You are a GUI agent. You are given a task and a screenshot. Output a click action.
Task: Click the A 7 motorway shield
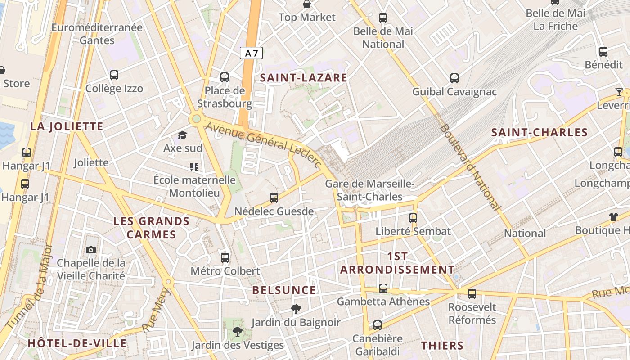(x=251, y=54)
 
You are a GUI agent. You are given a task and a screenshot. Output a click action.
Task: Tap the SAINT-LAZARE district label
(x=304, y=78)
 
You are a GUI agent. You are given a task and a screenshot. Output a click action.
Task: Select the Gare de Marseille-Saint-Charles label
(x=369, y=190)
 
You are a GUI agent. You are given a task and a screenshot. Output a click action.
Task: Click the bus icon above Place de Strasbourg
(x=225, y=77)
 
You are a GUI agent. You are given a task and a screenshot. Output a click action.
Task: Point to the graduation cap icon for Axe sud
(x=182, y=135)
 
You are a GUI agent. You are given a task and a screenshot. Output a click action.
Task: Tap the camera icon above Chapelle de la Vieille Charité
(x=91, y=250)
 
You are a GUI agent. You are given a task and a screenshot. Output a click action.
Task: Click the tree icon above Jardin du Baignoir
(x=296, y=309)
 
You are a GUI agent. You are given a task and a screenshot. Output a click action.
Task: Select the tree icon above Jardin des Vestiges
(x=237, y=332)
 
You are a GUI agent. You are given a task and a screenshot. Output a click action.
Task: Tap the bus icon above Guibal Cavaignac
(x=454, y=78)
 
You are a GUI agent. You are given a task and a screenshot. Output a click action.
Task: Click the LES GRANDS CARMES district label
(x=151, y=228)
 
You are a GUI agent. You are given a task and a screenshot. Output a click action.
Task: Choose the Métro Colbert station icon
(x=225, y=257)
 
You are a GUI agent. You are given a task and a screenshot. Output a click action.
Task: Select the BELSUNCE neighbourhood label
(x=284, y=290)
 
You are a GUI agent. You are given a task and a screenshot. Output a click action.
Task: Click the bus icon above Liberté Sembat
(x=413, y=218)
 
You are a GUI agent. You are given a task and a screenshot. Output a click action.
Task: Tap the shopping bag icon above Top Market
(x=307, y=4)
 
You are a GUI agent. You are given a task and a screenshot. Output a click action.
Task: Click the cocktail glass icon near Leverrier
(x=619, y=92)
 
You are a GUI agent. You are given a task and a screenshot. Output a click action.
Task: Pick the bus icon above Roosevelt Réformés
(x=472, y=294)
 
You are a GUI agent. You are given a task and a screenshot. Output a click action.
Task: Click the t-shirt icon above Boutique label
(x=614, y=216)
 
